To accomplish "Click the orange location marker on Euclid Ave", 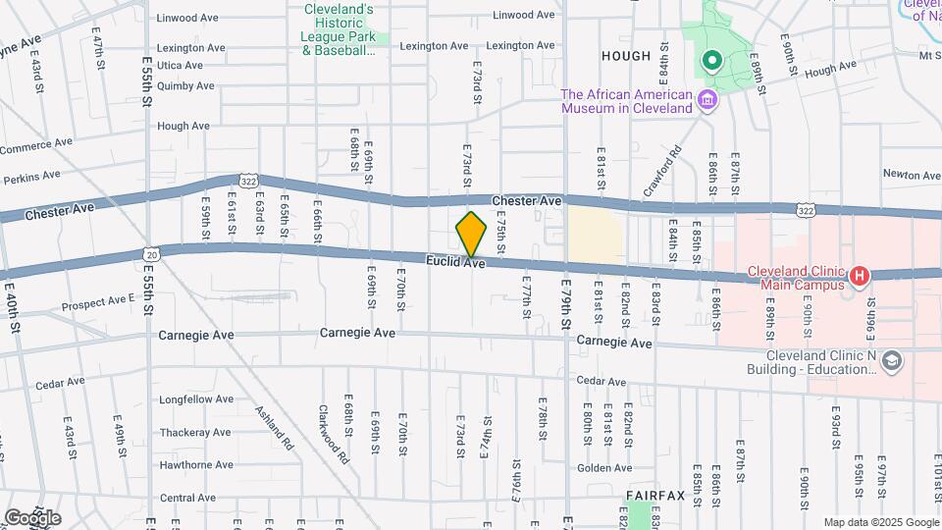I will [x=472, y=234].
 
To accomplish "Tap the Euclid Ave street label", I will [x=455, y=262].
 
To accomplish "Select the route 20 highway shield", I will [x=149, y=252].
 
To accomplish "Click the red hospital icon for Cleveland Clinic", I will [x=859, y=276].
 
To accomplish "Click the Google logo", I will [x=32, y=517].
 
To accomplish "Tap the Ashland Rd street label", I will [x=275, y=428].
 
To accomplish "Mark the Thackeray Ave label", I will [x=195, y=432].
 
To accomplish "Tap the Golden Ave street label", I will [x=603, y=469].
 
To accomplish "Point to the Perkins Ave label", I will [x=31, y=179].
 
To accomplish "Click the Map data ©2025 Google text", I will [x=879, y=522].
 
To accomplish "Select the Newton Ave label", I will [x=912, y=176].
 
